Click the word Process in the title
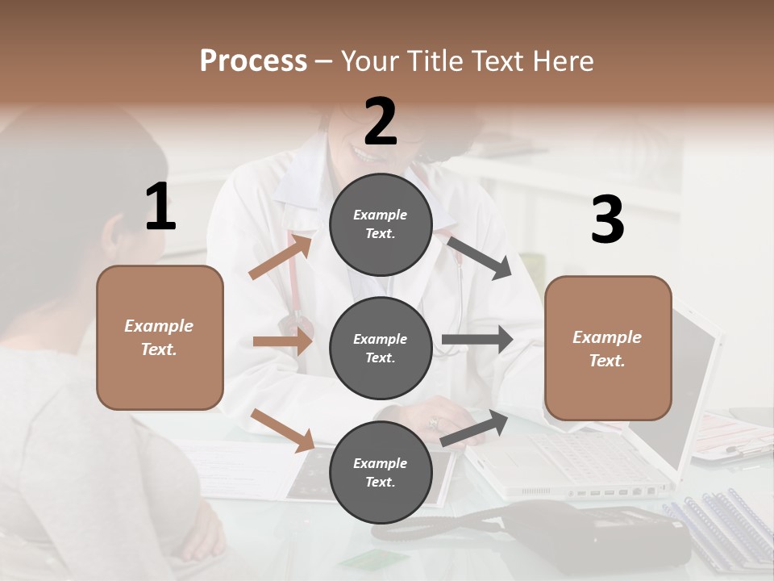pos(253,61)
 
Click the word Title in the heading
pos(433,61)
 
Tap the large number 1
pos(160,207)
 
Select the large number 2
pos(381,122)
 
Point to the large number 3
pos(607,220)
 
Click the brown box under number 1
pos(160,337)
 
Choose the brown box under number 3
pos(608,348)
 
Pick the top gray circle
pos(381,224)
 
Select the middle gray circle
pos(381,348)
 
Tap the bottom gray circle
pos(381,472)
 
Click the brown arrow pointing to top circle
pos(281,257)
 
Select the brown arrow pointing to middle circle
pos(282,341)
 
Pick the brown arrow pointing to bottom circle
pos(282,430)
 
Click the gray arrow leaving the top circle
pos(480,258)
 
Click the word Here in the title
pos(564,61)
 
